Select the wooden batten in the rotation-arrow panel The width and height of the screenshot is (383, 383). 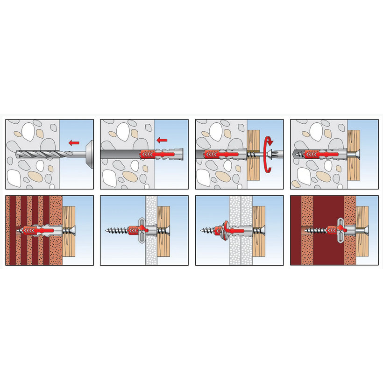click(x=254, y=154)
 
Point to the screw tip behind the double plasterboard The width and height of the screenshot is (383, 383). click(x=204, y=231)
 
